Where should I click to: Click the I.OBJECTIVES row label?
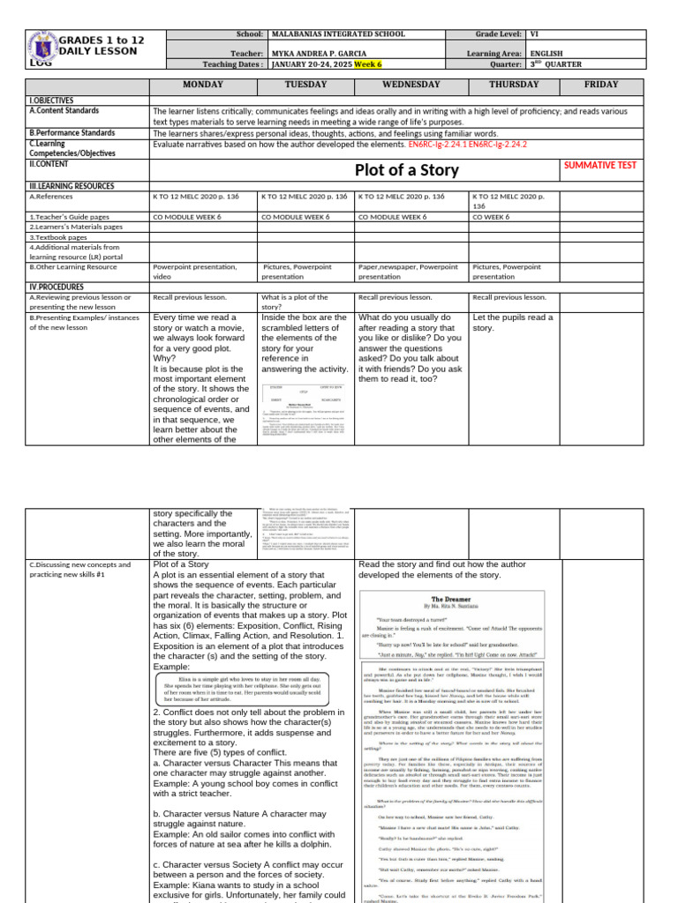pyautogui.click(x=52, y=101)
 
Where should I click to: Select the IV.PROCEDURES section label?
pyautogui.click(x=57, y=287)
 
